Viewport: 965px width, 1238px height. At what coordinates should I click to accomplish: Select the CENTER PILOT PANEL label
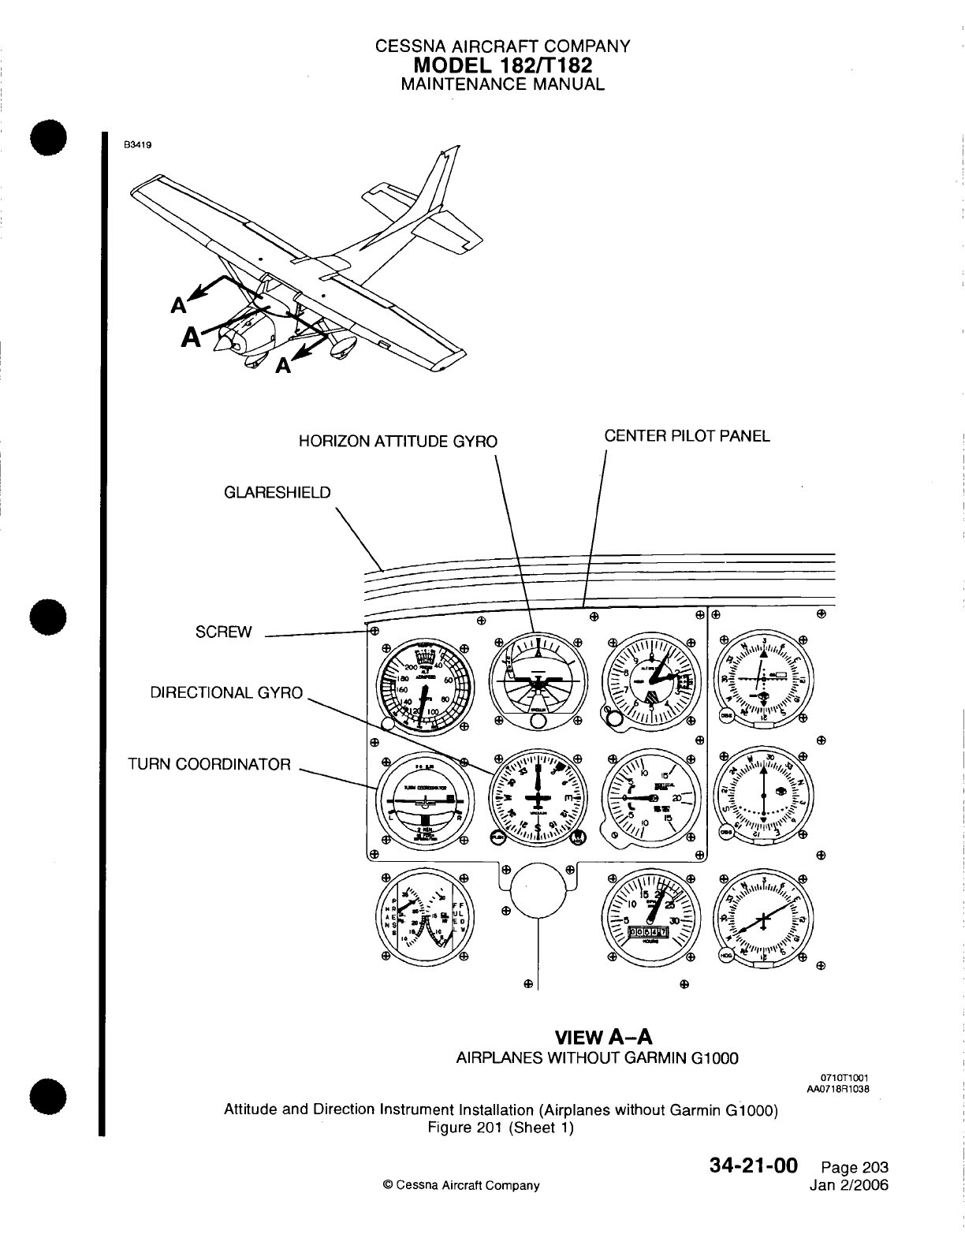click(x=687, y=436)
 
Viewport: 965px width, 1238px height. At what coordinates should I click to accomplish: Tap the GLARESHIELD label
click(x=278, y=493)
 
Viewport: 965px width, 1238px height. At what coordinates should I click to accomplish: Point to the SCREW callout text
click(x=224, y=632)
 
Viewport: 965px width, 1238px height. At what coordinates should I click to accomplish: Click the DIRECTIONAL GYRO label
click(x=227, y=693)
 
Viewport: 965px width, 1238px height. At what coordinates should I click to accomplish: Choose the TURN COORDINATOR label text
click(x=210, y=764)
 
